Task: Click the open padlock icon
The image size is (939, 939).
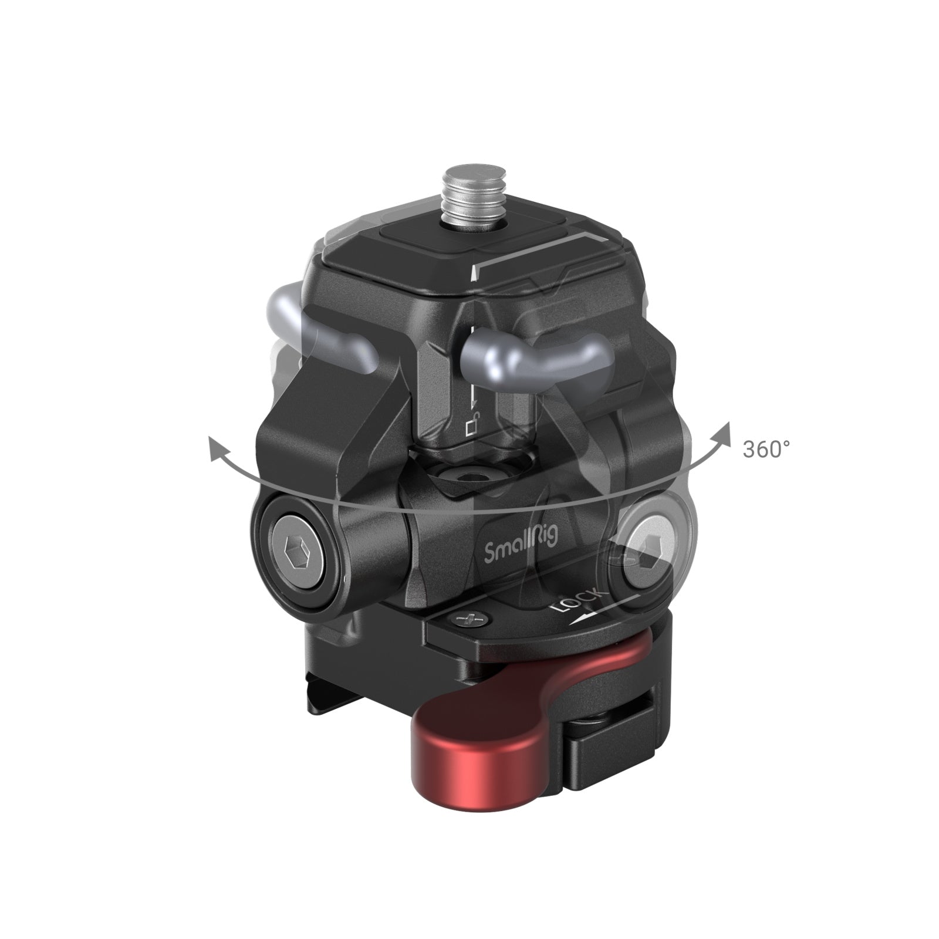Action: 472,426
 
